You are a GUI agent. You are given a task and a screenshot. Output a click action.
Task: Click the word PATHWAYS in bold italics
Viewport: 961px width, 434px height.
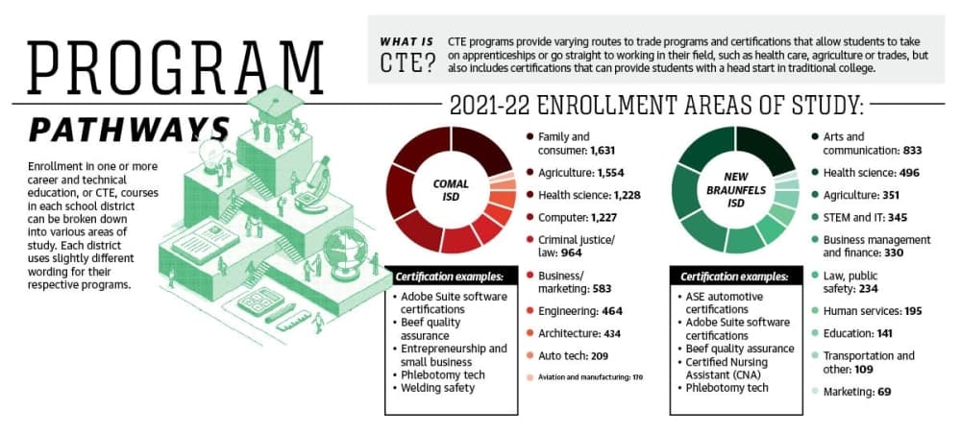pos(130,130)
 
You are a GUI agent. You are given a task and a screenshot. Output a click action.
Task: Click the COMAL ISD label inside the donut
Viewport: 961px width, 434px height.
pos(451,190)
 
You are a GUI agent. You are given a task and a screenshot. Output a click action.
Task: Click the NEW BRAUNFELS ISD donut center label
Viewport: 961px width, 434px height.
pos(735,190)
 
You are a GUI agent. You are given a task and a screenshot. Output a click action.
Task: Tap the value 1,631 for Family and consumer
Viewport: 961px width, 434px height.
pos(603,150)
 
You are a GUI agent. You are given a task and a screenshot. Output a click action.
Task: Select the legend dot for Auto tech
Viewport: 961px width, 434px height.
pos(529,355)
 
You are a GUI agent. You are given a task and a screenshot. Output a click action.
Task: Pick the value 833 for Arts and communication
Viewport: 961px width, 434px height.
pos(912,150)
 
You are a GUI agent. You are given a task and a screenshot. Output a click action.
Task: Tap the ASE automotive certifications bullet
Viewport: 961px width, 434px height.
pos(722,302)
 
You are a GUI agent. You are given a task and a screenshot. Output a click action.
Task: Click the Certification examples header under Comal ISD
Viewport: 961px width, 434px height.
pos(451,277)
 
